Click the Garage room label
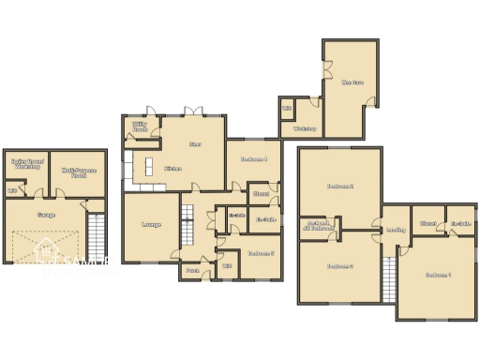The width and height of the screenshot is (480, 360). click(x=45, y=215)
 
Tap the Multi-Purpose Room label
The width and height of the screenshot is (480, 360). click(x=78, y=172)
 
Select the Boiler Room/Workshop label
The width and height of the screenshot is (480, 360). click(x=26, y=163)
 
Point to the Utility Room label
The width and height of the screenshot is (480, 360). click(x=141, y=126)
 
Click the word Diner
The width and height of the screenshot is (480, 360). click(x=195, y=144)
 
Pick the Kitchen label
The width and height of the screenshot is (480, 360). click(x=172, y=169)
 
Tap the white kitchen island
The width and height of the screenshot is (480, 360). click(x=147, y=168)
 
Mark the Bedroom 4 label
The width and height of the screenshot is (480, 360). click(x=254, y=159)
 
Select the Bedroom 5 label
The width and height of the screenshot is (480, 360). click(x=260, y=252)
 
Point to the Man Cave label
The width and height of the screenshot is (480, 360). click(x=352, y=82)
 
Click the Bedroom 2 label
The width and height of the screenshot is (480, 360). click(x=339, y=186)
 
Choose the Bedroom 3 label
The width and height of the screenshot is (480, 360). click(x=339, y=266)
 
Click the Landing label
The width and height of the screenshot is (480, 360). click(x=396, y=230)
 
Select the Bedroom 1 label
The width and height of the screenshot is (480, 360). click(x=438, y=275)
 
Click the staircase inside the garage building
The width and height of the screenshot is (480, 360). click(x=96, y=239)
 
